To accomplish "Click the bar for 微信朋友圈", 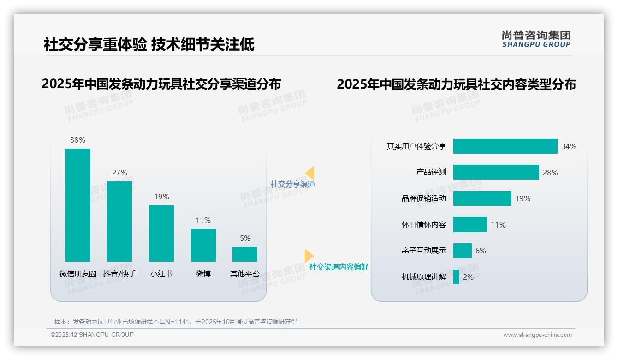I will click(78, 205).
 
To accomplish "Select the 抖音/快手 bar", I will click(119, 222).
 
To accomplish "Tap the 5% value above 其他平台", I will click(245, 239).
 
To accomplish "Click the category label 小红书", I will click(161, 274).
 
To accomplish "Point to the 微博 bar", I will click(203, 245).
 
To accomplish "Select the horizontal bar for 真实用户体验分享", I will click(505, 146).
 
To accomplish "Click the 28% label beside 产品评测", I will click(550, 173).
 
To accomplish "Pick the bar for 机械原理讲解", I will click(456, 277).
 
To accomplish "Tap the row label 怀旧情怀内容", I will click(424, 225).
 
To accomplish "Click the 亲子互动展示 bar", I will click(462, 251).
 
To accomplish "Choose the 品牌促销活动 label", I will click(424, 198).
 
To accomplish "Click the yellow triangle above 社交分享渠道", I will click(310, 173).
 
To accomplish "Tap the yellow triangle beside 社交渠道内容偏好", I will click(309, 256).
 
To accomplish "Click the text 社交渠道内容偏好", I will click(339, 267).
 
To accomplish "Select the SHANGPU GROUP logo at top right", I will click(536, 39).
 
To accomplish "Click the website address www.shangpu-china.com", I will click(537, 335).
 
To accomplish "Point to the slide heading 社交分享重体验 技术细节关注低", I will click(149, 44).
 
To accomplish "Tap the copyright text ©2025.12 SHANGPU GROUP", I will click(92, 335).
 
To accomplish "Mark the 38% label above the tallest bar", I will click(77, 140).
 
